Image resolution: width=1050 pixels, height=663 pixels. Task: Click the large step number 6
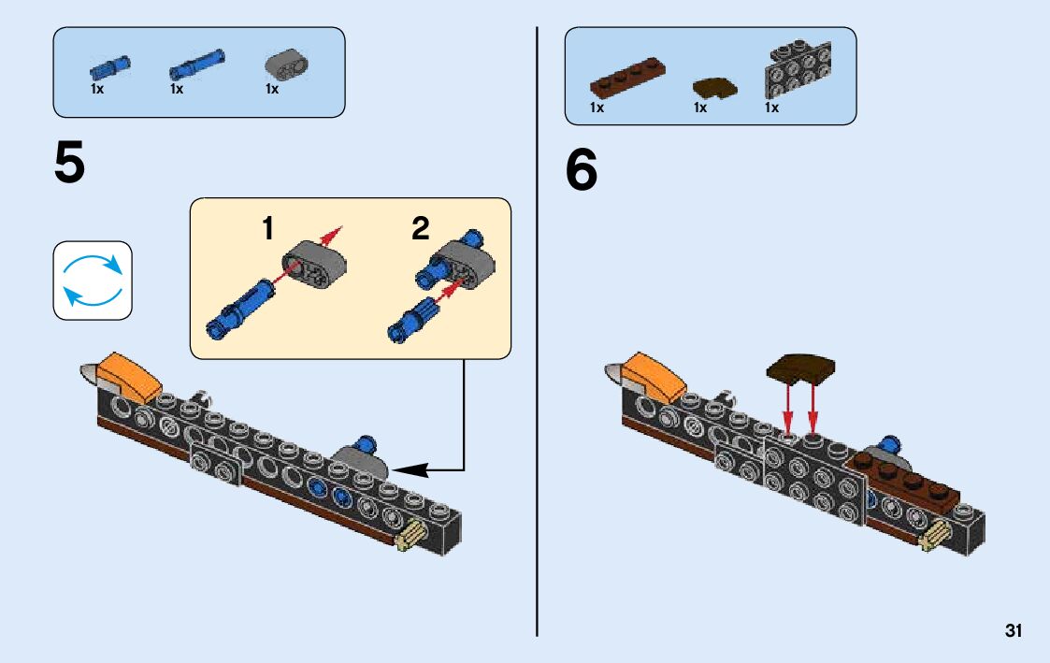(581, 171)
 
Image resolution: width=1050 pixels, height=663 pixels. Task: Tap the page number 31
(1014, 631)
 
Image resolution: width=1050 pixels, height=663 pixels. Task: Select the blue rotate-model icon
(93, 281)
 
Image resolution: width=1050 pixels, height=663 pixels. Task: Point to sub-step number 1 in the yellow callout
(267, 228)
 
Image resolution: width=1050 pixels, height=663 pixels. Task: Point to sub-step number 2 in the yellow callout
(421, 228)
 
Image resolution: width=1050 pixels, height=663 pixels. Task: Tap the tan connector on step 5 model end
(411, 537)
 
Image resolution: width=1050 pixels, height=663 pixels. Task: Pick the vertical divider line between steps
(537, 327)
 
